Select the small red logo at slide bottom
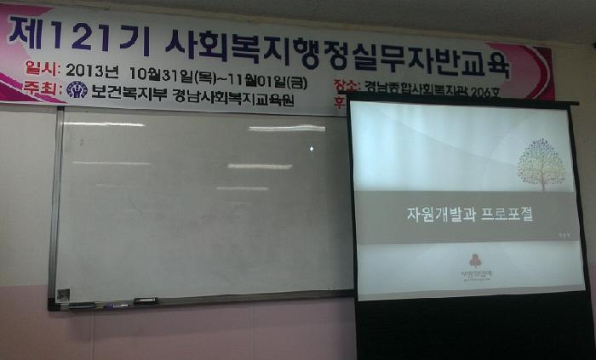[474, 260]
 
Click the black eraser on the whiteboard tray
[146, 300]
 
